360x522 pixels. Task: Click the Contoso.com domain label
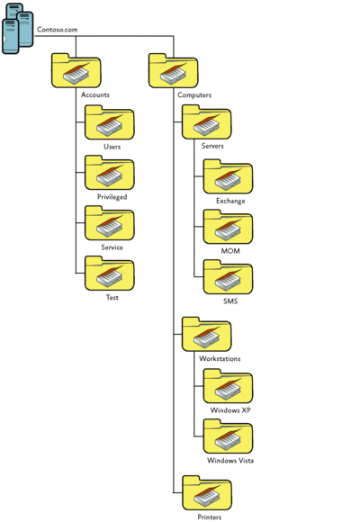point(57,30)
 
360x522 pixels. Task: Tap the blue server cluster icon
point(18,29)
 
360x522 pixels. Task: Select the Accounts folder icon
point(76,70)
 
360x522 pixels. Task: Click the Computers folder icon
point(173,70)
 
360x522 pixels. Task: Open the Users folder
point(109,122)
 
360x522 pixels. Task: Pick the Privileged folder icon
point(109,173)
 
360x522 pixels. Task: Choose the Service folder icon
point(109,223)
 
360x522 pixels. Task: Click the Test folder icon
point(109,274)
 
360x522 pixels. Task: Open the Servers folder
point(206,122)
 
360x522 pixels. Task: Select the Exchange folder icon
point(228,176)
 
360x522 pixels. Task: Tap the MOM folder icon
point(228,227)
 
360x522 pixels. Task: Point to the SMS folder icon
point(228,277)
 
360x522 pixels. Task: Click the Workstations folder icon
point(206,334)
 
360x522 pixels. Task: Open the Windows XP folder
point(228,386)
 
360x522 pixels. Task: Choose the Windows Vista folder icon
point(228,436)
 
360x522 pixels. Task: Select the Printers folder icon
point(207,493)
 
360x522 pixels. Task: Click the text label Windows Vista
point(230,461)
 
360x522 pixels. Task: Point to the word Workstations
point(220,359)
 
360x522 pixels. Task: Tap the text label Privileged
point(112,197)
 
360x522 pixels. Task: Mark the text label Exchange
point(230,201)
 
